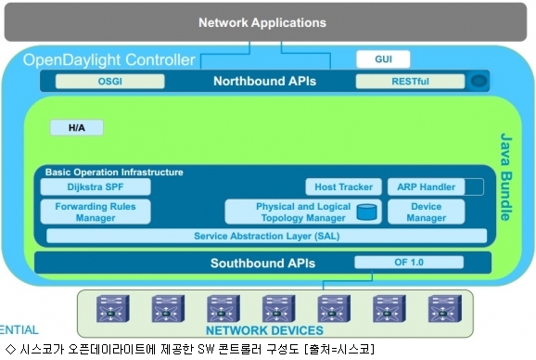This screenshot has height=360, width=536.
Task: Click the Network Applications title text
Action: point(262,22)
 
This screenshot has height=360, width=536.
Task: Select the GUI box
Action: point(383,59)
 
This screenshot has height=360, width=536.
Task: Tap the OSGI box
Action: point(109,82)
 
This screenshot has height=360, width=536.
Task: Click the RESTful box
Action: point(410,82)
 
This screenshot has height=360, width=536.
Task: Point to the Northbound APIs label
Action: point(264,81)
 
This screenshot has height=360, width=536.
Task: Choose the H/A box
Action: point(77,127)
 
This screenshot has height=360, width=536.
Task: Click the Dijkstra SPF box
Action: point(96,187)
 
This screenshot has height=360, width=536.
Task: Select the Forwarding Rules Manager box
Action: point(96,212)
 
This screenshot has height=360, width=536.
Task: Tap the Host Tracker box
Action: point(343,187)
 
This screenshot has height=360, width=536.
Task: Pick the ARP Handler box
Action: point(427,187)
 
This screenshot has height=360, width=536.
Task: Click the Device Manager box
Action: point(427,212)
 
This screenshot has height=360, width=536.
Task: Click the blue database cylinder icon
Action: point(367,212)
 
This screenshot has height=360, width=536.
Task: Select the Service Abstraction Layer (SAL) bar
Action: point(267,236)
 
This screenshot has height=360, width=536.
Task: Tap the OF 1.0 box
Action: point(409,263)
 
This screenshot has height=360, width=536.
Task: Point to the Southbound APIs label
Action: point(262,263)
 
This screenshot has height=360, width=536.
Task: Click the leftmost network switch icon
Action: point(113,309)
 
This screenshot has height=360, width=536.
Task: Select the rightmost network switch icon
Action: point(445,309)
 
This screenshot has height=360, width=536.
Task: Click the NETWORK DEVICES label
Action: point(264,330)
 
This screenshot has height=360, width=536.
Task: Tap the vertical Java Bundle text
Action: point(506,176)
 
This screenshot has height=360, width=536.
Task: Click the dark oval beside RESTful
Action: point(479,82)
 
